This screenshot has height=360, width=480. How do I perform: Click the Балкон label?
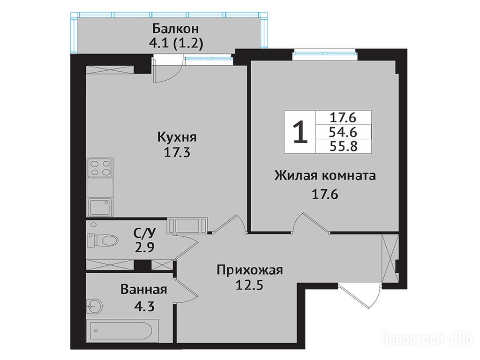[x=175, y=29]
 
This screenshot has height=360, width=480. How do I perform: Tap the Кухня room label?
[x=177, y=137]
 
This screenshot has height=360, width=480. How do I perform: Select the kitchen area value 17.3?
[x=177, y=152]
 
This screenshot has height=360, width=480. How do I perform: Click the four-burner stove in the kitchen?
[x=100, y=168]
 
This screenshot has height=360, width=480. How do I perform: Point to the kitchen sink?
[x=100, y=207]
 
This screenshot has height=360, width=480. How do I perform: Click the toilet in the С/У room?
[x=103, y=240]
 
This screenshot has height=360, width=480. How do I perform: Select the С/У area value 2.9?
[x=144, y=247]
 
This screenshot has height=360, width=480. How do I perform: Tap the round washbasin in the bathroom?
[x=94, y=306]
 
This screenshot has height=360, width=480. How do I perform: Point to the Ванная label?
[x=143, y=289]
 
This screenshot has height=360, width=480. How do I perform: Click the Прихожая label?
[x=250, y=270]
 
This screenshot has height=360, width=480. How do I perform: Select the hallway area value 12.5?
[x=249, y=285]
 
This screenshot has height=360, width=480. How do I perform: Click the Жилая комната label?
[x=325, y=176]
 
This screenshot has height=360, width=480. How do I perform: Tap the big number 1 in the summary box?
[x=300, y=132]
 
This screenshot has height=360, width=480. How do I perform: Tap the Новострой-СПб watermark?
[x=427, y=339]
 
